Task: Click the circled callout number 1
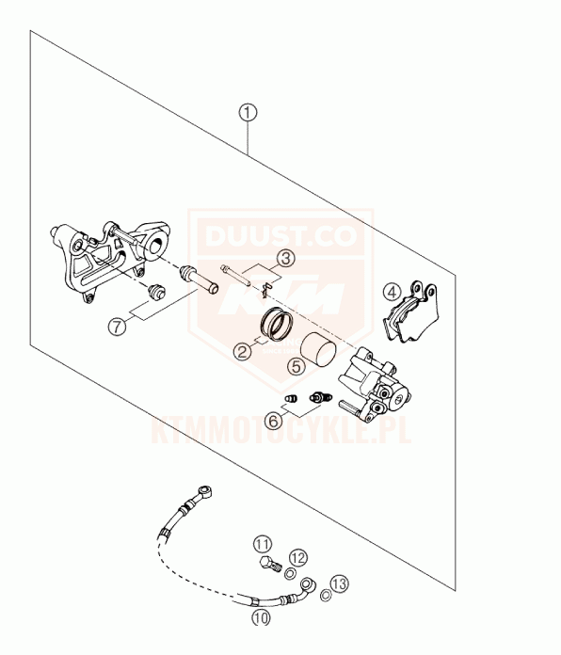(248, 112)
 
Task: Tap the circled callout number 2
(243, 351)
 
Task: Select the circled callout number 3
(286, 258)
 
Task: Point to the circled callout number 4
(392, 292)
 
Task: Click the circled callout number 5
(297, 366)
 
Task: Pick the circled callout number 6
(274, 421)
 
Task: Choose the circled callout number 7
(117, 326)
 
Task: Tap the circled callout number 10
(262, 617)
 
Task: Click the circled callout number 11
(263, 544)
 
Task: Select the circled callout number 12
(298, 558)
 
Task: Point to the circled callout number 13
(339, 583)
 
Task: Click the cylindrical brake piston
(319, 349)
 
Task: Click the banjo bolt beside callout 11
(270, 565)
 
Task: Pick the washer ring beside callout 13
(326, 595)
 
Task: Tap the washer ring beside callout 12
(290, 574)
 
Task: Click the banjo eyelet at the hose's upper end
(205, 491)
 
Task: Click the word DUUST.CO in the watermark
(280, 235)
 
